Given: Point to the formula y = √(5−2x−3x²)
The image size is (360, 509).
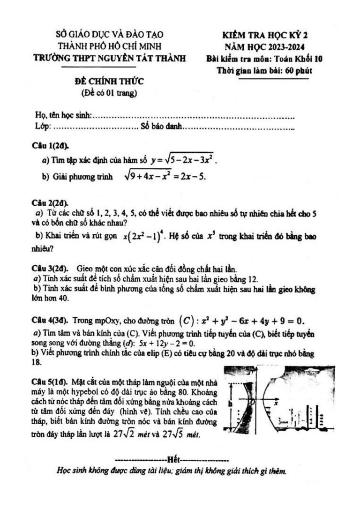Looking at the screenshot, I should [184, 160].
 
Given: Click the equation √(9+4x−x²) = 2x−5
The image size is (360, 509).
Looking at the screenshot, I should [165, 176].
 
